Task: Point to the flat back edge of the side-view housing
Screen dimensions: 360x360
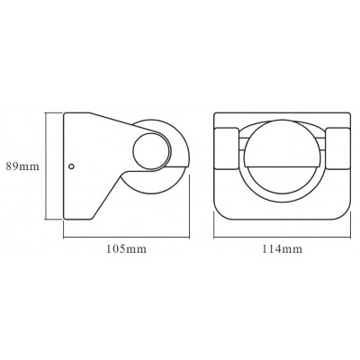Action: click(x=63, y=166)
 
